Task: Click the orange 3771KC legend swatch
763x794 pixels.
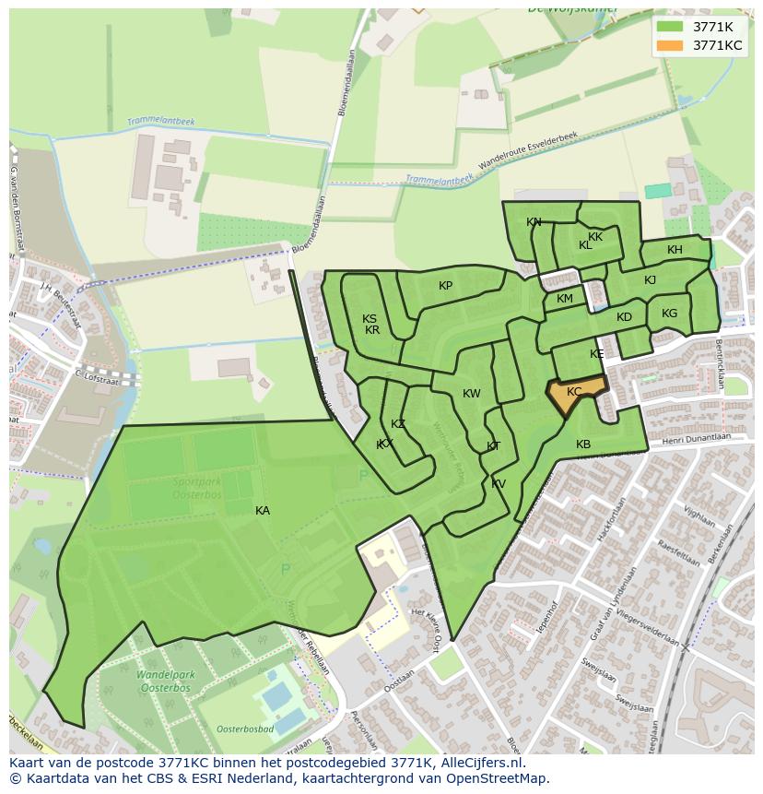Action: (x=670, y=45)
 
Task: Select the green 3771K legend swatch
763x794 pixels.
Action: (x=670, y=26)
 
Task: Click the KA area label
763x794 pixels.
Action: (x=263, y=510)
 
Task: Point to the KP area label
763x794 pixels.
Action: (x=445, y=286)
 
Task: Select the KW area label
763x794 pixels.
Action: (x=471, y=394)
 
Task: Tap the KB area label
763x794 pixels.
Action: (x=583, y=444)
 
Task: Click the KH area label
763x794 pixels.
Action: (x=675, y=250)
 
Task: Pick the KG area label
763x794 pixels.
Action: (x=669, y=314)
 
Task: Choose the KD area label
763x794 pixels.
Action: (x=624, y=317)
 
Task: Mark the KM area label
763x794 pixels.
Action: (x=565, y=299)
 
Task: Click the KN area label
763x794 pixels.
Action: (x=534, y=222)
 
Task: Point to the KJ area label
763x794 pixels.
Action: (x=650, y=280)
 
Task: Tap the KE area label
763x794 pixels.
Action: (x=596, y=354)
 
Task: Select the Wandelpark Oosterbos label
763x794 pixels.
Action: (x=164, y=681)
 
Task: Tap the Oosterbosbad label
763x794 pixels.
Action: (x=246, y=729)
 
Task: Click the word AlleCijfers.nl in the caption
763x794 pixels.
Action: (x=479, y=763)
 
